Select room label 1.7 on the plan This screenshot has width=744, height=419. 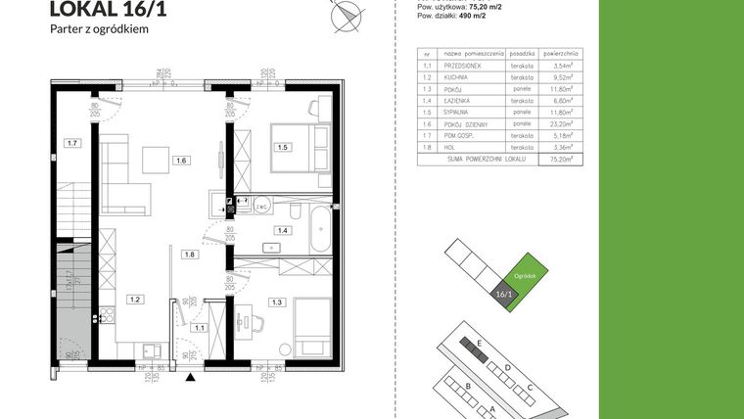point(71,144)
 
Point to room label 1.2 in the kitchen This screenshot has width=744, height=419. point(138,299)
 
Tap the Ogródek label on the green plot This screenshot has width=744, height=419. point(526,276)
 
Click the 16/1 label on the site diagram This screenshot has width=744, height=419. point(504,293)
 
